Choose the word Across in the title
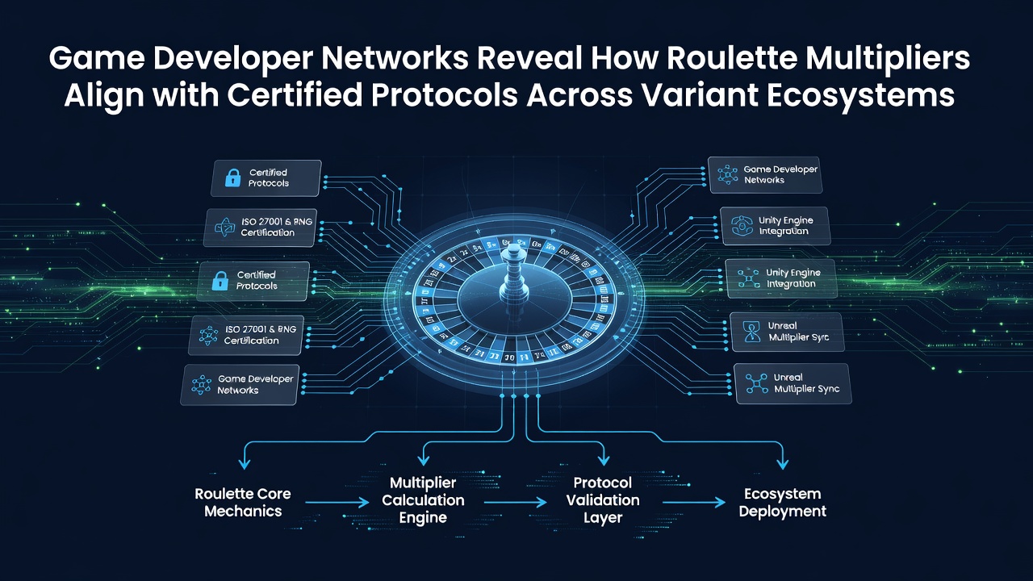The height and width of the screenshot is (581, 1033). pos(579,95)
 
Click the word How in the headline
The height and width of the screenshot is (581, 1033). pos(624,59)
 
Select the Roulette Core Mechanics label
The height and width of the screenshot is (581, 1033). pos(243,502)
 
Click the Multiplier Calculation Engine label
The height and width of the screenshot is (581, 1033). pos(423,500)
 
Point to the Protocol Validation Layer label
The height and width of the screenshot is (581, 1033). pos(603,500)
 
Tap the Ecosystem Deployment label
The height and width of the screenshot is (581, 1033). pos(783,502)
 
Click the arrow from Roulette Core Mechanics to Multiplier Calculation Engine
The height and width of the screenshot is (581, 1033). pos(337,502)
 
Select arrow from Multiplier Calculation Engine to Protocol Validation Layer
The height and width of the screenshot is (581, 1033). pos(516,502)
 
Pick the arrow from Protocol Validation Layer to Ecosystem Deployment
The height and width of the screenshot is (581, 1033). pos(694,502)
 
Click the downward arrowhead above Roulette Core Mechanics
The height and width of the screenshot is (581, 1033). pos(245,462)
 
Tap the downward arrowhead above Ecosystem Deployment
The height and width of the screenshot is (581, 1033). pos(783,463)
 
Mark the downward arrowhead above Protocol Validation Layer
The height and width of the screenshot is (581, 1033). pos(604,459)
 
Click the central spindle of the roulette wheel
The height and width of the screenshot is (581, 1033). pos(513,277)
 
